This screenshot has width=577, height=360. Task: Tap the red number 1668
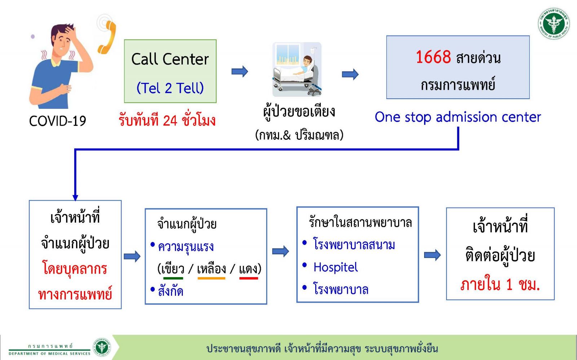[x=433, y=57]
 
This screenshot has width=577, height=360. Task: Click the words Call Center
[x=170, y=59]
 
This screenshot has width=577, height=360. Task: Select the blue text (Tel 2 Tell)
[x=170, y=88]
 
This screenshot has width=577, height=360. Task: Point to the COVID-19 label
[x=57, y=121]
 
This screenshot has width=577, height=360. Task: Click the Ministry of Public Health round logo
[x=554, y=24]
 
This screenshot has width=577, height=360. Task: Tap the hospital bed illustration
[x=297, y=70]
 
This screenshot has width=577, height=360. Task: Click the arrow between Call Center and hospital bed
[x=239, y=71]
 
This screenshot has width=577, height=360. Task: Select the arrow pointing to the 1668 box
[x=350, y=74]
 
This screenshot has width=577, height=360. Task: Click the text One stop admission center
[x=458, y=117]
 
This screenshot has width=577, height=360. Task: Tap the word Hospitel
[x=335, y=267]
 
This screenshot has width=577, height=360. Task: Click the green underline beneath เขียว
[x=173, y=278]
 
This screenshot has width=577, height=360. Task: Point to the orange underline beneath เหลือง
[x=211, y=278]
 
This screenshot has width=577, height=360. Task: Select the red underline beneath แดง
[x=248, y=278]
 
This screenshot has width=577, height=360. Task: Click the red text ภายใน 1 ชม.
[x=500, y=285]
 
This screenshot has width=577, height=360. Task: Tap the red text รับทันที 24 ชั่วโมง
[x=167, y=120]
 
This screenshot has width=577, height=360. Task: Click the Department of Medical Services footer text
[x=49, y=354]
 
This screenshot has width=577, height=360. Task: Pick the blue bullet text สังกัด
[x=171, y=291]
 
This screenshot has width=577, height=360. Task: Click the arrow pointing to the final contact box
[x=432, y=255]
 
